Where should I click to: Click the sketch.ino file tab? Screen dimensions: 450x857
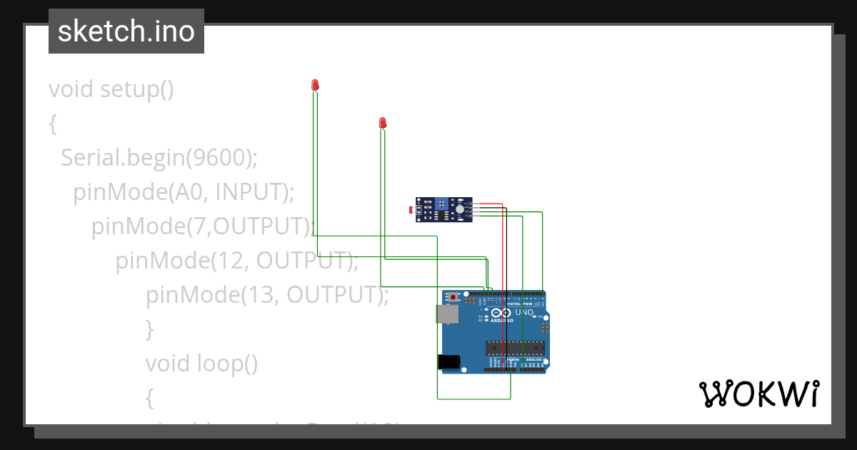126,31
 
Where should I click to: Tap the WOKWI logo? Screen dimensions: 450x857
758,394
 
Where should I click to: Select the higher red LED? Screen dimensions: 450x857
315,85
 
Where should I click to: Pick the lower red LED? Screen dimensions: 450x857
383,123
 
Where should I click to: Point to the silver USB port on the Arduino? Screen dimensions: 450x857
447,314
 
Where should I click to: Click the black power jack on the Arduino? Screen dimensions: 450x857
448,362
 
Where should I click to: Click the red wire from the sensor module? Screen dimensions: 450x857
504,250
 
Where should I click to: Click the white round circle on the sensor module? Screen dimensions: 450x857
459,209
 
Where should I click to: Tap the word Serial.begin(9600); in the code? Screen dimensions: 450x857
159,157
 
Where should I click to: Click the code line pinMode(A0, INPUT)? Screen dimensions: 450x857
184,191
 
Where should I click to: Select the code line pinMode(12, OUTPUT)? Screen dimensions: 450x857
237,261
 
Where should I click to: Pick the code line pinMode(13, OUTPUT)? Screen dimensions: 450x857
267,294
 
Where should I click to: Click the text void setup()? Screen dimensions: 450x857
111,89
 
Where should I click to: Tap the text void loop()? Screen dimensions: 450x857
201,364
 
